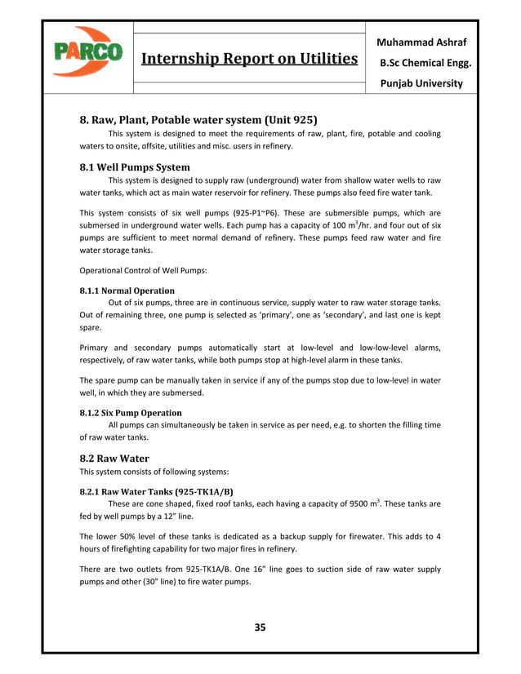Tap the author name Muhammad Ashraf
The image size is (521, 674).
coord(421,40)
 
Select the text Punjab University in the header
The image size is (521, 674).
coord(421,82)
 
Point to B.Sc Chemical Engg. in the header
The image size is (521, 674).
coord(421,62)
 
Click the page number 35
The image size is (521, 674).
coord(260,627)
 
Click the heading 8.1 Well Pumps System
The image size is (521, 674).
coord(134,166)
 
